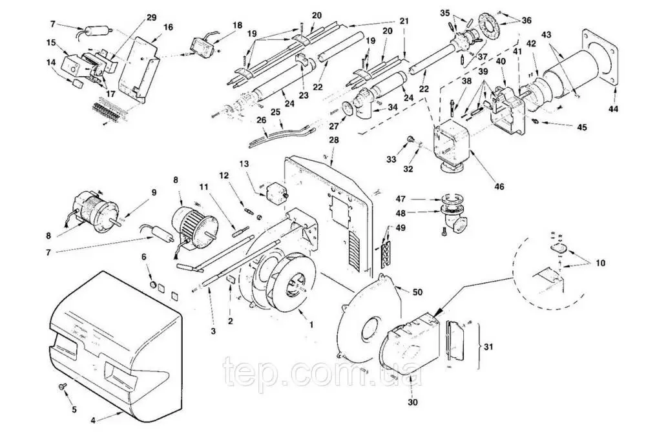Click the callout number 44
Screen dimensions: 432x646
[x=613, y=109]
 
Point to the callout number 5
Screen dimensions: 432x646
[x=73, y=409]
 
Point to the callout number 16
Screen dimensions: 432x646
[x=168, y=28]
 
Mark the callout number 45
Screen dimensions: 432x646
[x=581, y=127]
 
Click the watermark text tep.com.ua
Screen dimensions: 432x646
[x=322, y=373]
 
